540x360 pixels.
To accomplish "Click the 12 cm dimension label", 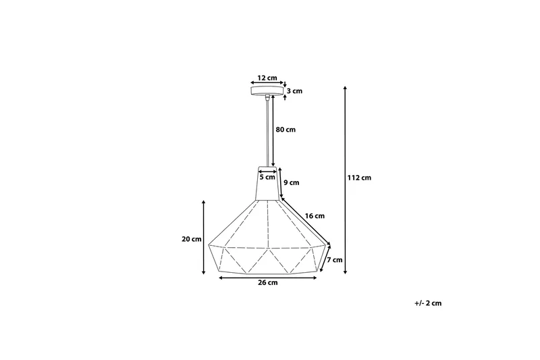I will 267,78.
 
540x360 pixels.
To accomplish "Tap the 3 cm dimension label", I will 294,91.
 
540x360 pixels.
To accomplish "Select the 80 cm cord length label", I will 286,130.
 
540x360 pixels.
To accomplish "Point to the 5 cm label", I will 267,178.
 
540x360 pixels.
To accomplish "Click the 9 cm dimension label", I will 291,182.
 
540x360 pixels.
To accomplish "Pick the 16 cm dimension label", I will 315,216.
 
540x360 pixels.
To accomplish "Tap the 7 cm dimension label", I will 335,259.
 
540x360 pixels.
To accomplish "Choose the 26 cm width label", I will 268,283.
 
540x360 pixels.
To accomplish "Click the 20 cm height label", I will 191,239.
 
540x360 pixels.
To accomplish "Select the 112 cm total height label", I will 359,178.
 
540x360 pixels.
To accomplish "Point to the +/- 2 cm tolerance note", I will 428,303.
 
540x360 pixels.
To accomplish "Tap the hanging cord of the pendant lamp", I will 269,132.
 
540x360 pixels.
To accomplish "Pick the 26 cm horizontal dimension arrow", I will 268,277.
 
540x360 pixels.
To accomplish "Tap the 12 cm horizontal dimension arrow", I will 267,84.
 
